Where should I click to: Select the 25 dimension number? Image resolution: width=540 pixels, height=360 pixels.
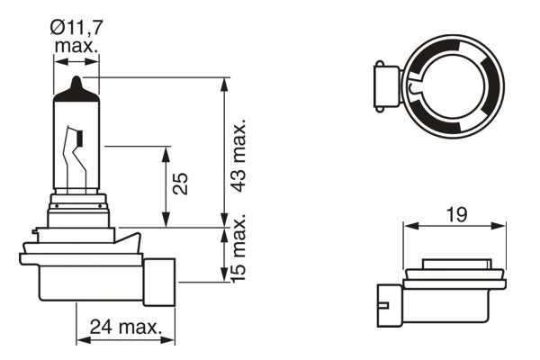180,184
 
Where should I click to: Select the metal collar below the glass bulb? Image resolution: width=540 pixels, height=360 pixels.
78,209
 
